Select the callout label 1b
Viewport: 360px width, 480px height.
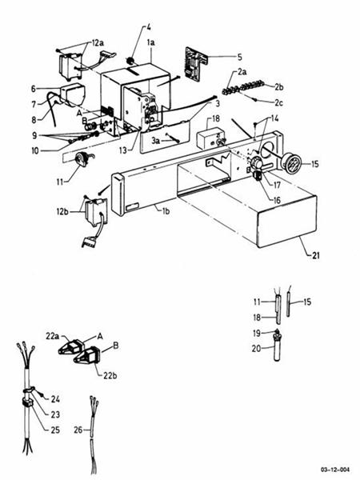165,210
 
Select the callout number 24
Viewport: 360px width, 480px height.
56,398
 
